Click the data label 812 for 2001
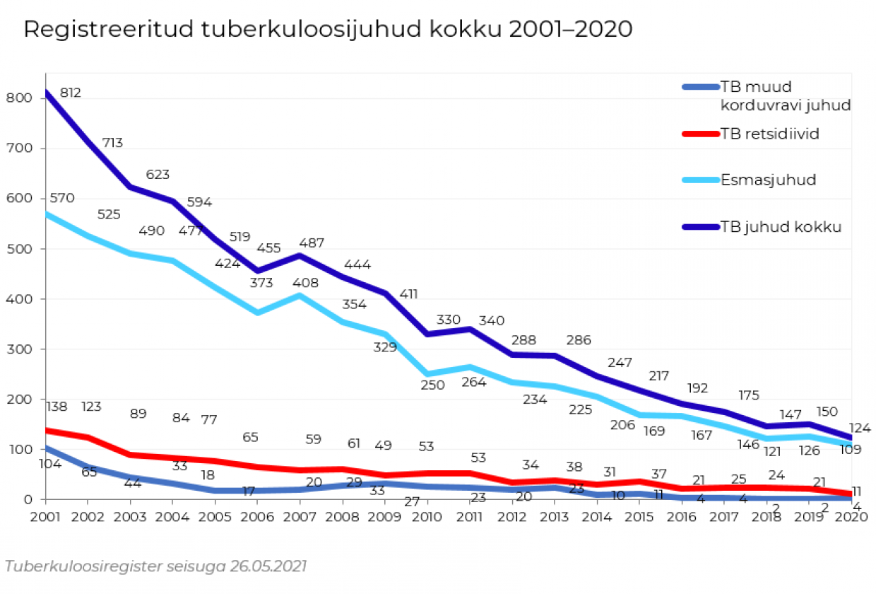click(71, 93)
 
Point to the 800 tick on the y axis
click(20, 98)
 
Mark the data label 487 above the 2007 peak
click(312, 243)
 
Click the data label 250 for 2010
click(433, 385)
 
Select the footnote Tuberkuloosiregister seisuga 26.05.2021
click(156, 566)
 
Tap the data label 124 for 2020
click(860, 428)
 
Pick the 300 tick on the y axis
click(20, 349)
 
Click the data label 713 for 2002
click(112, 143)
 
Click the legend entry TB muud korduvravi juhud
click(784, 96)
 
